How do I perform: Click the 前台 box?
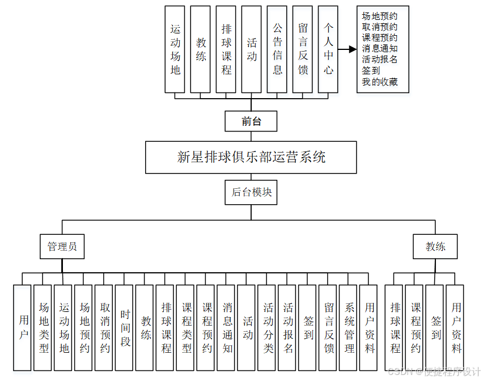coord(251,121)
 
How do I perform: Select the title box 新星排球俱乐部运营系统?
coord(251,157)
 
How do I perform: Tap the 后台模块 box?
coord(251,192)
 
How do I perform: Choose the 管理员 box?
coord(62,247)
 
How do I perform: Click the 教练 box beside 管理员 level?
coord(435,247)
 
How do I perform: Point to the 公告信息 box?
coord(277,49)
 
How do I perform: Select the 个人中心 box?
coord(328,49)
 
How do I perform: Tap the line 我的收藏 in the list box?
coord(380,82)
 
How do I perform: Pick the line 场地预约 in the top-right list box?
coord(380,16)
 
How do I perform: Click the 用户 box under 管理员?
coord(23,327)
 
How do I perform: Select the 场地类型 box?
coord(44,327)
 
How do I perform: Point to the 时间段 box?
coord(125,327)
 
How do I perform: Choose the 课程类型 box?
coord(187,327)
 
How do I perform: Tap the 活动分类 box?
coord(268,327)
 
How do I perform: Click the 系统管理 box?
coord(350,327)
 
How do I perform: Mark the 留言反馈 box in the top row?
coord(303,49)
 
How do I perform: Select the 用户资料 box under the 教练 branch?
coord(456,327)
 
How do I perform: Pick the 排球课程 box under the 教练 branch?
coord(395,327)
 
